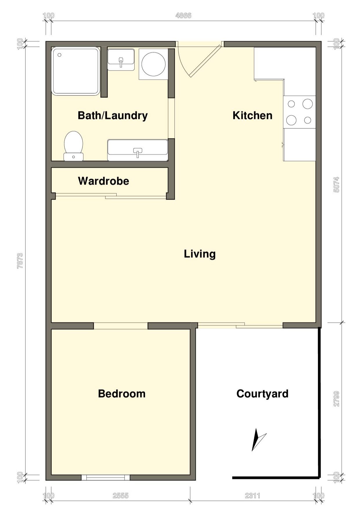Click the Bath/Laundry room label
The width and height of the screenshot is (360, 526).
pyautogui.click(x=113, y=115)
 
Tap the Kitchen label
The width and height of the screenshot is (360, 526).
pyautogui.click(x=252, y=115)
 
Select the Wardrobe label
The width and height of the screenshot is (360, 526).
pyautogui.click(x=104, y=181)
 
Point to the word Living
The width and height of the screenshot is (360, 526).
pyautogui.click(x=200, y=254)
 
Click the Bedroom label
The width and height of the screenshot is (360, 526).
pyautogui.click(x=122, y=394)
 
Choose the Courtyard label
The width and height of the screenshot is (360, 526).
pyautogui.click(x=262, y=394)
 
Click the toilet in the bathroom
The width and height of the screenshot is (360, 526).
pyautogui.click(x=73, y=146)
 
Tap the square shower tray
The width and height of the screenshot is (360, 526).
pyautogui.click(x=76, y=71)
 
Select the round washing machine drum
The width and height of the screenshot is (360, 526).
pyautogui.click(x=153, y=64)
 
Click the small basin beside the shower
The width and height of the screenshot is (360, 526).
pyautogui.click(x=121, y=59)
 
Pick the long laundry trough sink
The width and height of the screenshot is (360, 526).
pyautogui.click(x=138, y=150)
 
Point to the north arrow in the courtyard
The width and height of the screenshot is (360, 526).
pyautogui.click(x=258, y=440)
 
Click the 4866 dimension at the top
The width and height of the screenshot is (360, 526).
pyautogui.click(x=183, y=15)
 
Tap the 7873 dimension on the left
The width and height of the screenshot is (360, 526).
pyautogui.click(x=20, y=261)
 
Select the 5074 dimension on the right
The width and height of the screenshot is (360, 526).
pyautogui.click(x=336, y=185)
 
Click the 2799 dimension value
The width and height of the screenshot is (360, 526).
pyautogui.click(x=336, y=399)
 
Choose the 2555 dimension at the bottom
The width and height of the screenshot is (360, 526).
pyautogui.click(x=121, y=496)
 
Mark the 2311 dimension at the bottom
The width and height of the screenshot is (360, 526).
pyautogui.click(x=252, y=496)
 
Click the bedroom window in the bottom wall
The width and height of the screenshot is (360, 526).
pyautogui.click(x=105, y=477)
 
